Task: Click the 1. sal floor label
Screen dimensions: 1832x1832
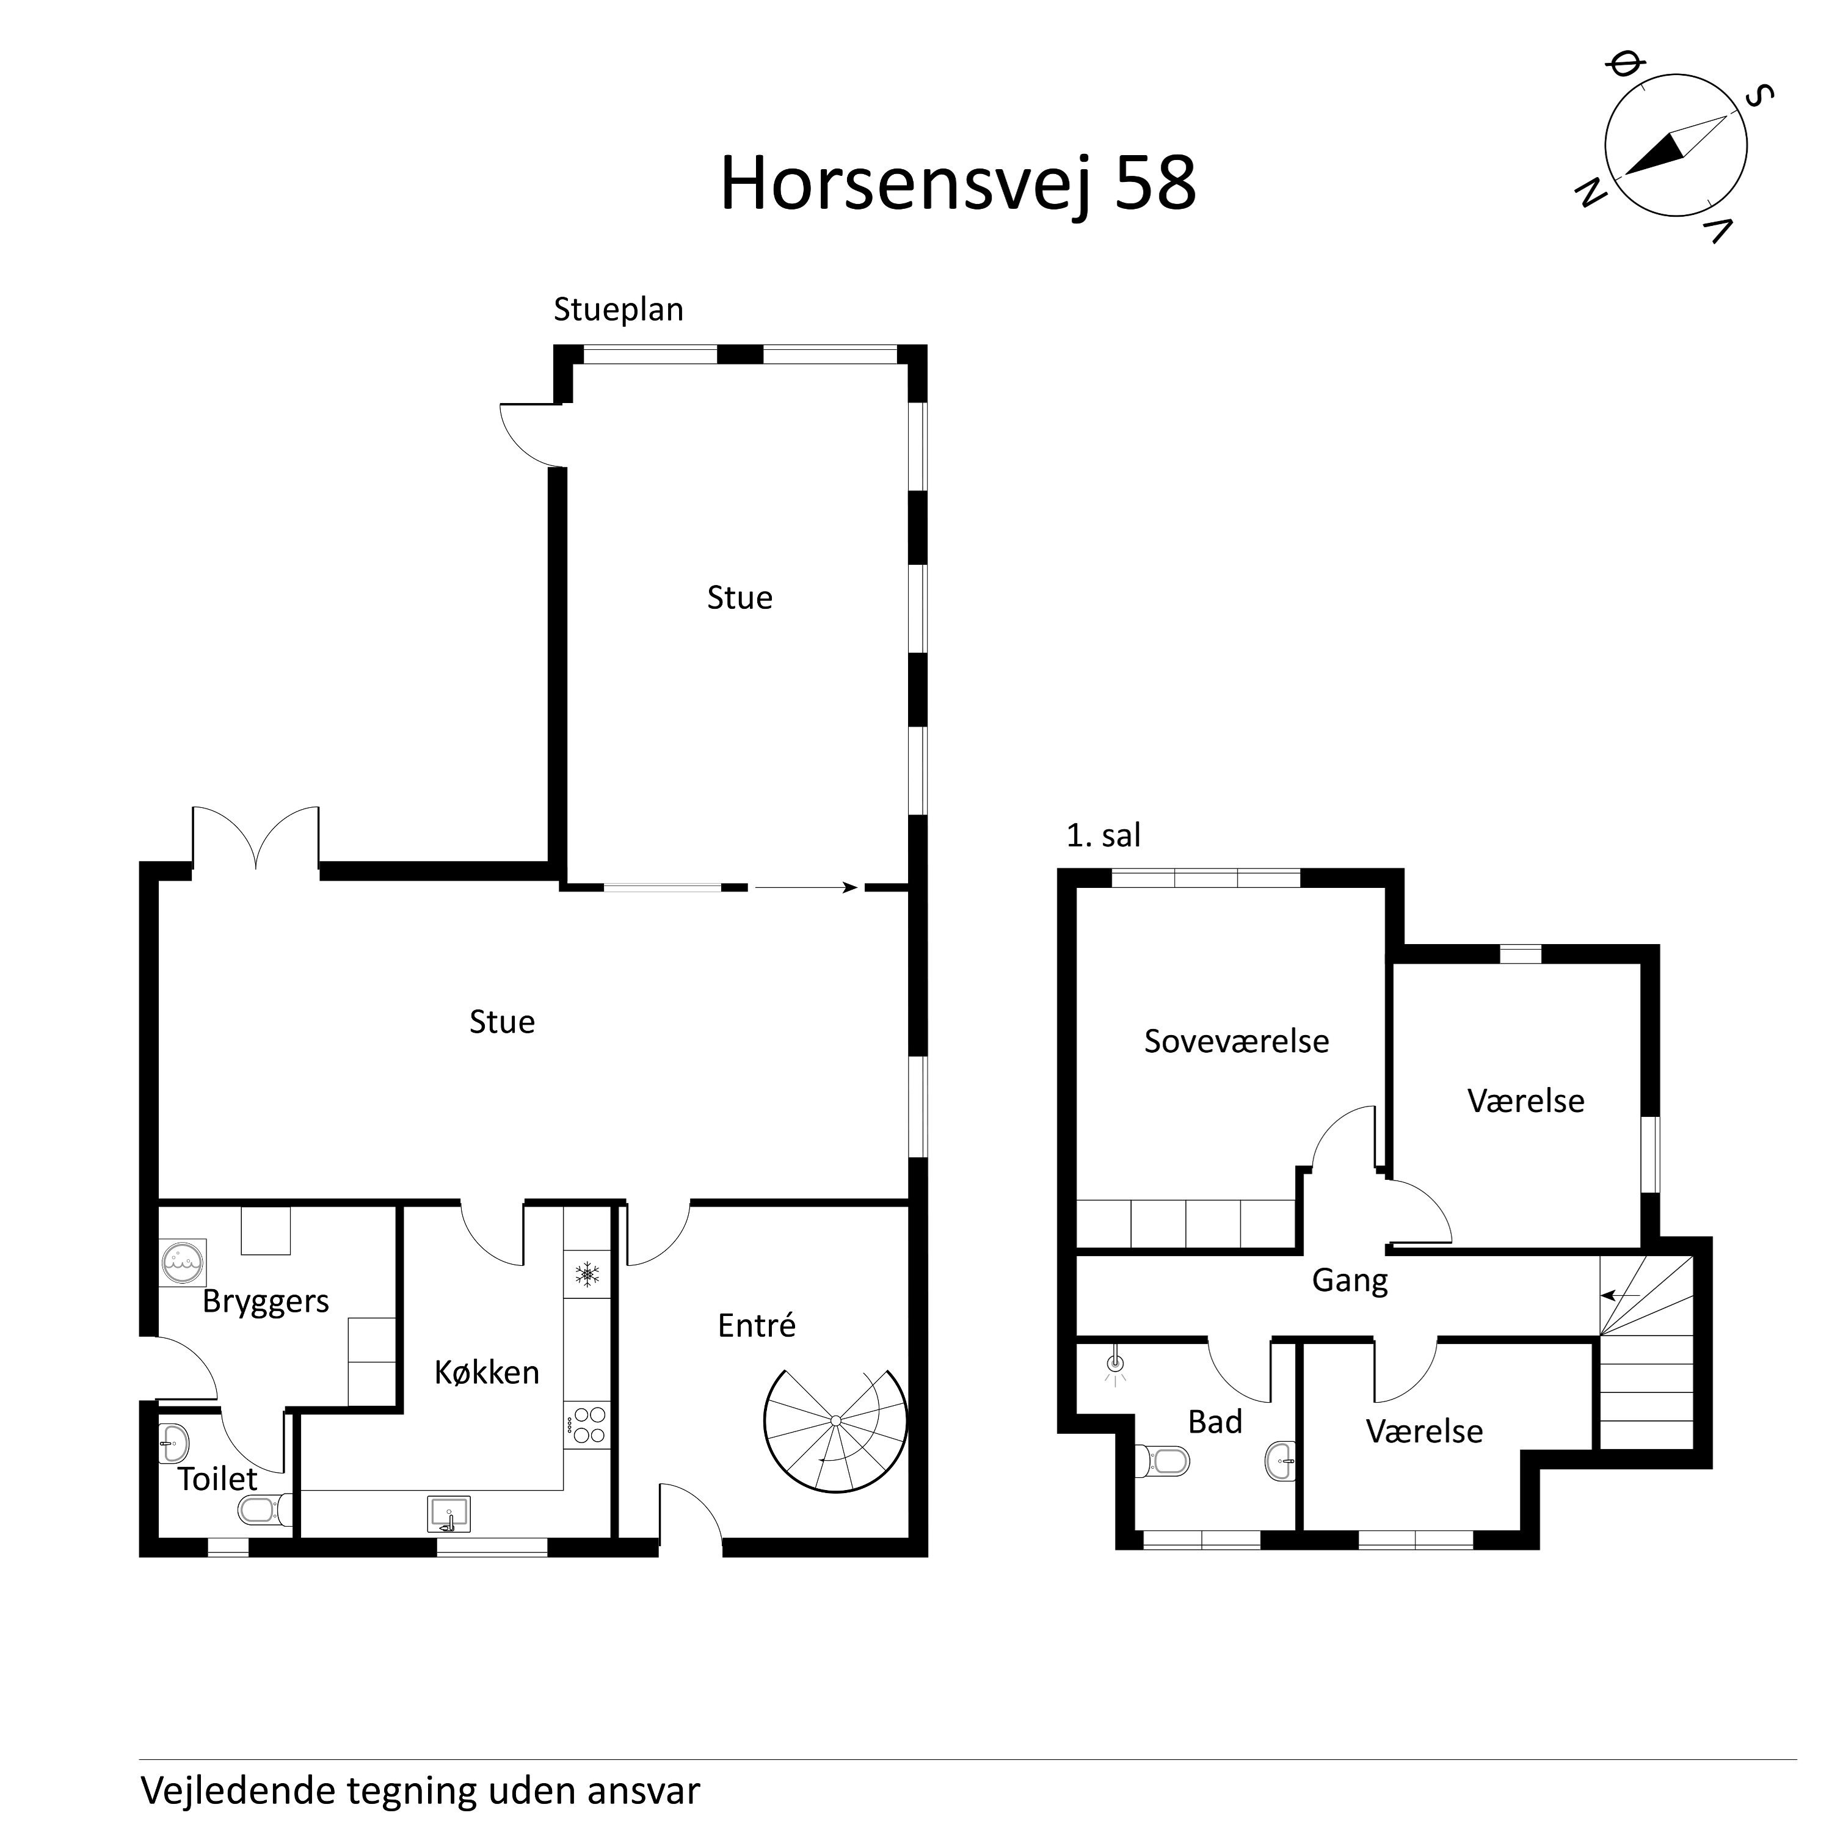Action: tap(1103, 835)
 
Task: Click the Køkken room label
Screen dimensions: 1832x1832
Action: tap(487, 1372)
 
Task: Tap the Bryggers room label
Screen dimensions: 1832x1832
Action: tap(266, 1301)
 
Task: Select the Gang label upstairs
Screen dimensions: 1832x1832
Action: tap(1350, 1280)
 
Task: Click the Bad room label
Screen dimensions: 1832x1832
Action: tap(1215, 1422)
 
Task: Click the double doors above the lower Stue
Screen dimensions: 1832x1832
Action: tap(256, 838)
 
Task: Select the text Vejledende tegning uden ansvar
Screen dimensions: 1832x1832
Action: tap(420, 1791)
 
